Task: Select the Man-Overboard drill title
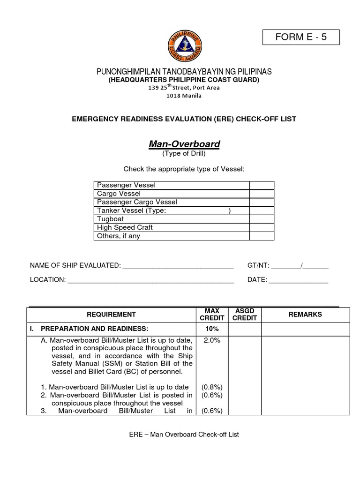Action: click(x=184, y=144)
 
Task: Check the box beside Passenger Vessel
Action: click(x=262, y=185)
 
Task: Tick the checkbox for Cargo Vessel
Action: click(x=262, y=194)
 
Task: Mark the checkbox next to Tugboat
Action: click(x=262, y=219)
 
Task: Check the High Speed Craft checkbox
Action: click(x=262, y=227)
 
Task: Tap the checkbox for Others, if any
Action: click(x=262, y=236)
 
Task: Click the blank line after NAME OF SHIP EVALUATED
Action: click(x=178, y=266)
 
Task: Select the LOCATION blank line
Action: click(x=151, y=280)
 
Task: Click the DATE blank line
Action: click(x=299, y=280)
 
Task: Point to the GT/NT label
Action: click(x=258, y=266)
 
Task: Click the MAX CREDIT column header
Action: click(x=212, y=315)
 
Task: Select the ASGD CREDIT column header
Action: click(x=245, y=315)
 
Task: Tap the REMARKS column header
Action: click(x=305, y=315)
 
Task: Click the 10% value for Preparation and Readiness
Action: click(x=212, y=329)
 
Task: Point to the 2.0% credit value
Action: click(x=212, y=340)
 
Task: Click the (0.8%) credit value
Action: click(x=212, y=387)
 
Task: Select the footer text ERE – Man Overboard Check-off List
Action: click(x=184, y=435)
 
